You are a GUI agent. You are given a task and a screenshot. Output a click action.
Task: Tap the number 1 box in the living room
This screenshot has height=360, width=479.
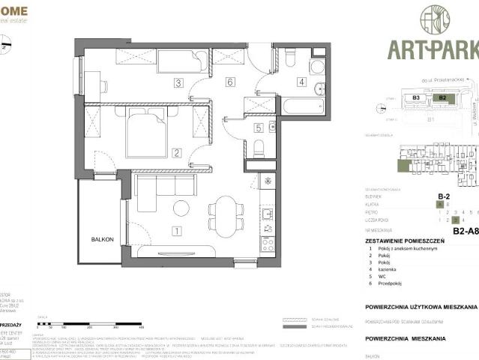pos(177,231)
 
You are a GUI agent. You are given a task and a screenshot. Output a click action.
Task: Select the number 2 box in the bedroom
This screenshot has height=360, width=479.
pos(177,154)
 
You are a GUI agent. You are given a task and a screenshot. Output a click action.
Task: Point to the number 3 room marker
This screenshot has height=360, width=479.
pos(178,82)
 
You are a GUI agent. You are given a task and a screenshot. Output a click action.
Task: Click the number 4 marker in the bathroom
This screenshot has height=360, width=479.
pos(301,82)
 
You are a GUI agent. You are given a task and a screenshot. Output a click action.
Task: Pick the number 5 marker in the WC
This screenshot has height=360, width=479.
pos(259,127)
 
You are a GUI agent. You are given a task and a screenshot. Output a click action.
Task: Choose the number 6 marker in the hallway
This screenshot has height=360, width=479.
pos(230,82)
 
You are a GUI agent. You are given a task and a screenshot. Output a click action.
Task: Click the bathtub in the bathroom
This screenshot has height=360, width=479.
pos(303,104)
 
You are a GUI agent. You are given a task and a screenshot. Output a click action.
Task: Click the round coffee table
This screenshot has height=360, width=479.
pos(181,208)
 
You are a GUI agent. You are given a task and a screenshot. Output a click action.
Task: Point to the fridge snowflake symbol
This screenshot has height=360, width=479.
pos(268,182)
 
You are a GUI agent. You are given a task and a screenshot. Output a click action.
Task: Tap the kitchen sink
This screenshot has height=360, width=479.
pos(268,217)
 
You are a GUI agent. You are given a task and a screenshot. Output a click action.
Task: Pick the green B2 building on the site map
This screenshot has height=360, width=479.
pos(442,97)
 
